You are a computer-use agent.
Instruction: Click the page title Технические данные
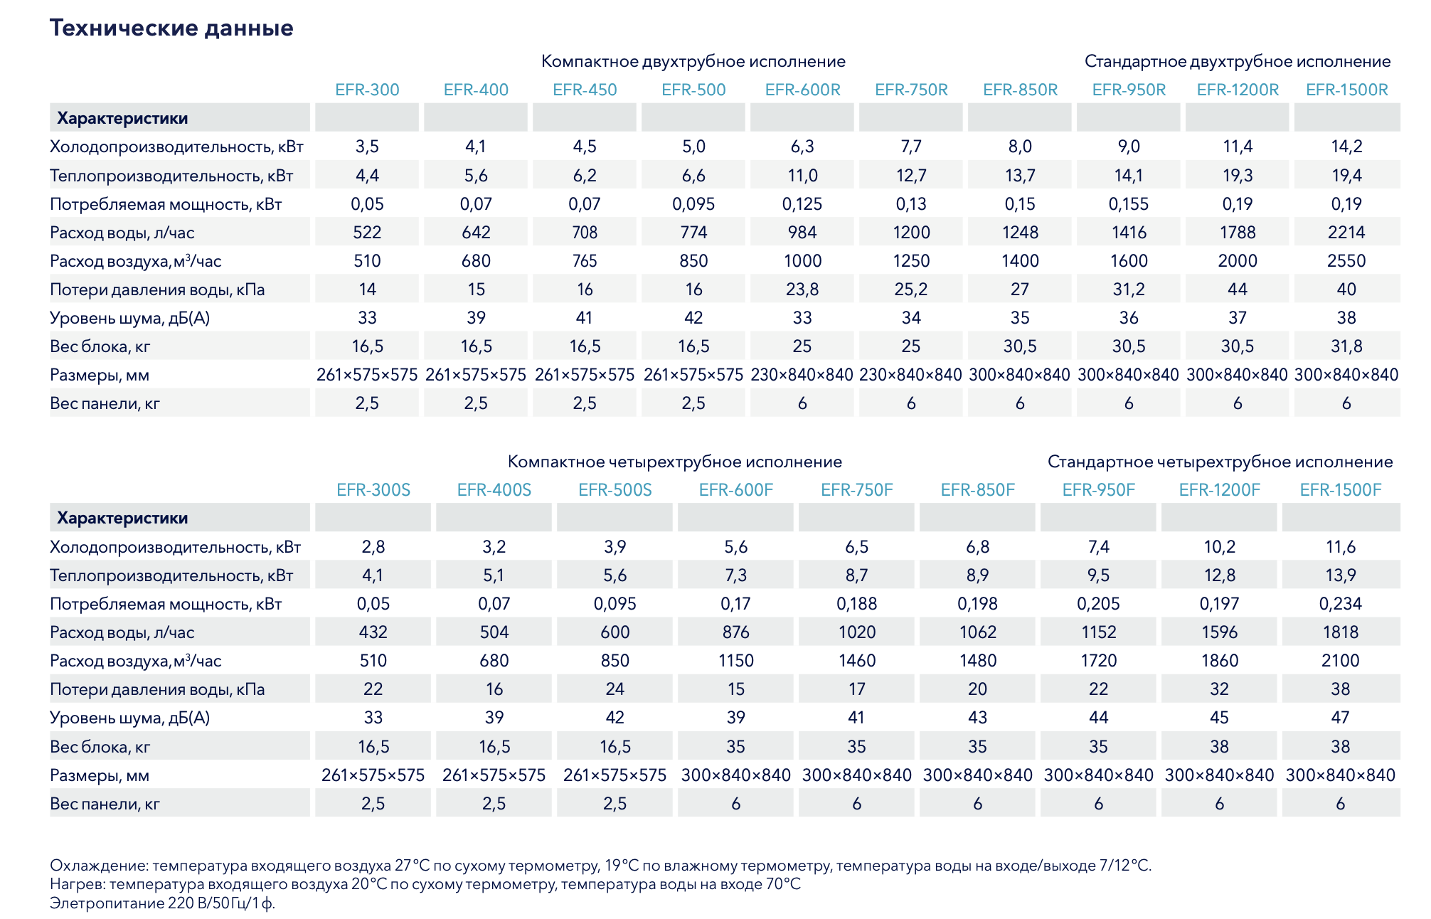[x=171, y=28]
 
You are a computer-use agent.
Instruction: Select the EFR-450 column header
[x=585, y=90]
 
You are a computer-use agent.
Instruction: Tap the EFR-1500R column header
[x=1346, y=90]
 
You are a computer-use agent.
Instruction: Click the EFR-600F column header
[x=735, y=490]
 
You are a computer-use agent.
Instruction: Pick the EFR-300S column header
[x=373, y=490]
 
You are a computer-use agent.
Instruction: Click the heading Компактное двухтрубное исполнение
[x=693, y=62]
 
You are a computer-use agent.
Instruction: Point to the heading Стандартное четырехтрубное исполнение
[x=1220, y=462]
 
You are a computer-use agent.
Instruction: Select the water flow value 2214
[x=1346, y=233]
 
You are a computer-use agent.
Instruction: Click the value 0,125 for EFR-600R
[x=802, y=204]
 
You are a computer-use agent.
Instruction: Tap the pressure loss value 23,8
[x=802, y=289]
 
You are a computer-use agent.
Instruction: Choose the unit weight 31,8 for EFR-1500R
[x=1346, y=346]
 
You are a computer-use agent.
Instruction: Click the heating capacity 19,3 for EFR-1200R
[x=1238, y=176]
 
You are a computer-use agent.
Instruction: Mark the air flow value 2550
[x=1346, y=261]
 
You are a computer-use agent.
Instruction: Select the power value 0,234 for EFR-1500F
[x=1340, y=604]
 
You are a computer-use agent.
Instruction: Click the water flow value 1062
[x=977, y=632]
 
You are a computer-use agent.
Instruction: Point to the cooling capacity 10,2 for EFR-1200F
[x=1219, y=547]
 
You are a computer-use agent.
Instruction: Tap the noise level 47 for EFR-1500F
[x=1340, y=718]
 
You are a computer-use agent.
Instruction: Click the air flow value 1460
[x=856, y=661]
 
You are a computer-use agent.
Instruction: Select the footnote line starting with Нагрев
[x=425, y=884]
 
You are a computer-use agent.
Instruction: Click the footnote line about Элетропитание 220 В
[x=162, y=903]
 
